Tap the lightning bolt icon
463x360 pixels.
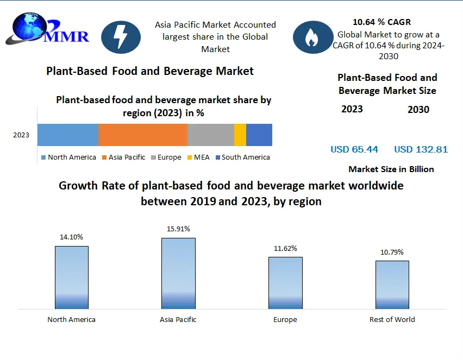click(121, 37)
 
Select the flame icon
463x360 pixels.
click(312, 37)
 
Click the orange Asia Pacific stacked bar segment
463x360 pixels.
click(143, 135)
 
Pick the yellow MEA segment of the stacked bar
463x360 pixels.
click(240, 135)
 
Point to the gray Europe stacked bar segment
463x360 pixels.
click(211, 135)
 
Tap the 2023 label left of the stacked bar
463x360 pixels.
click(22, 135)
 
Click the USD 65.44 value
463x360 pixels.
click(354, 149)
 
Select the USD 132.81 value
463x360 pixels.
click(421, 149)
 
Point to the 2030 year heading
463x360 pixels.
click(418, 110)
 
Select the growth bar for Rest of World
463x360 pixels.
click(392, 285)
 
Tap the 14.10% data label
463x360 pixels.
click(71, 237)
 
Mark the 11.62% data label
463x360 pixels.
click(285, 249)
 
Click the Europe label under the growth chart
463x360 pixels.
click(285, 320)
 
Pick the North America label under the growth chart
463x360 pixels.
click(71, 320)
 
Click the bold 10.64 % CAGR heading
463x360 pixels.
click(382, 22)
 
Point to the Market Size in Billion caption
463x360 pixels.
click(391, 169)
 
